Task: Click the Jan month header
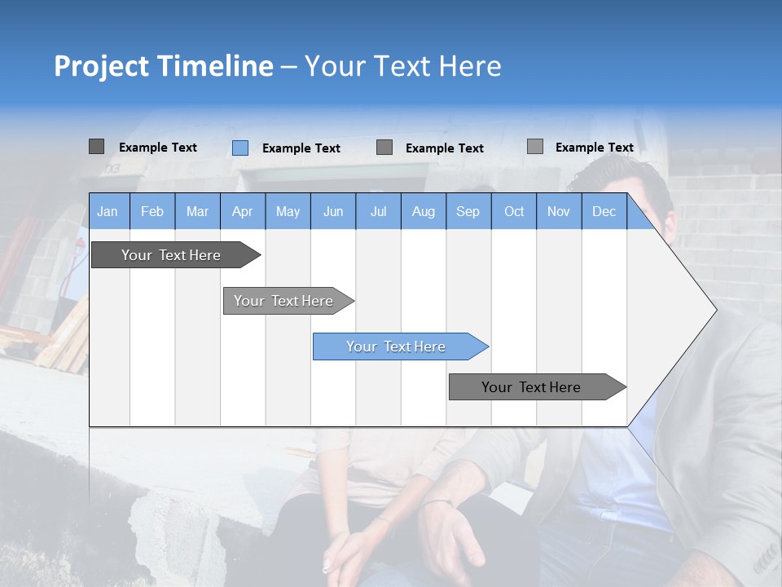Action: (108, 211)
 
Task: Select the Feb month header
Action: (152, 211)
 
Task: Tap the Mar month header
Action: (197, 211)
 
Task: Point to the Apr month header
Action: (242, 211)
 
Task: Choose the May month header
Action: (288, 211)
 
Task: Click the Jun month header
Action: (333, 211)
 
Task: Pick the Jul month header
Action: (378, 211)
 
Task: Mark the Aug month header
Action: (423, 211)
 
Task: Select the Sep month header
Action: (468, 211)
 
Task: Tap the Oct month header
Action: (514, 211)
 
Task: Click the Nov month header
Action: (559, 211)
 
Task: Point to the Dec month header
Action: (604, 211)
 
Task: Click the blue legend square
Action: (240, 148)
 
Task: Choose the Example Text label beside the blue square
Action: (301, 148)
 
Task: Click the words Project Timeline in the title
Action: (164, 66)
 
